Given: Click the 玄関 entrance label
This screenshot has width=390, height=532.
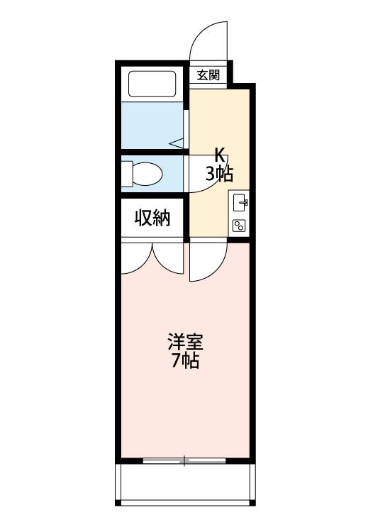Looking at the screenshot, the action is point(208,75).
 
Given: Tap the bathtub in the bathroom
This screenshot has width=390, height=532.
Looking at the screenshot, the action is point(152,84).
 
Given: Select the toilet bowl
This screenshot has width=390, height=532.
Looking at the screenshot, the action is point(147,174).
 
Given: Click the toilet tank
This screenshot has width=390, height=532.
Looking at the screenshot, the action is point(126,174).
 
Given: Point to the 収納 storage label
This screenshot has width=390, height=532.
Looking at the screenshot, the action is point(152,218).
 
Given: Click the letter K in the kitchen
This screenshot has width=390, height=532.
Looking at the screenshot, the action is point(220,157).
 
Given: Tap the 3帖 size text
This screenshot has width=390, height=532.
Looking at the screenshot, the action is point(219,174).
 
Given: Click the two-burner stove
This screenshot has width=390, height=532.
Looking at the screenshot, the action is point(239,226).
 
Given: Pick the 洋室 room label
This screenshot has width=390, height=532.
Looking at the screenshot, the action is point(185,342).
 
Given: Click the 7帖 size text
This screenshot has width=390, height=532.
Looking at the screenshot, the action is point(185,360).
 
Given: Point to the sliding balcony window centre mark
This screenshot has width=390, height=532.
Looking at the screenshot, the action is point(184,460).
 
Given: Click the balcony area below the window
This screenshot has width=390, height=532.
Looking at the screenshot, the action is point(185,482).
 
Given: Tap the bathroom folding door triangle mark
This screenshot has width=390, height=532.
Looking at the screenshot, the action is point(177,143).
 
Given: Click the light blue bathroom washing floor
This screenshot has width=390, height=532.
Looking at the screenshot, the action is point(152,125).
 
